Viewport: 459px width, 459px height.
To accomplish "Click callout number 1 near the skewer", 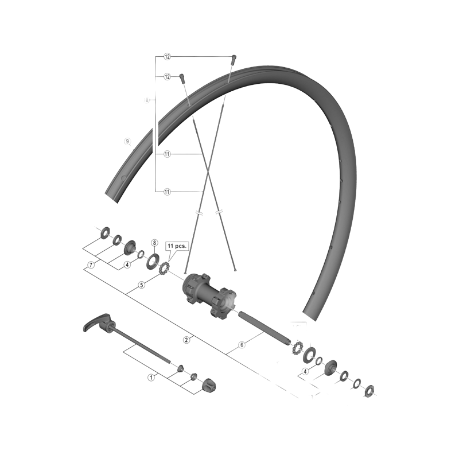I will (x=151, y=378).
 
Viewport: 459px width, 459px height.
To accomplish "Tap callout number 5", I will (x=142, y=284).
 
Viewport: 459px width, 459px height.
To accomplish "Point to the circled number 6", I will (x=242, y=345).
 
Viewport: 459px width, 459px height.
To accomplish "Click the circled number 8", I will (x=154, y=243).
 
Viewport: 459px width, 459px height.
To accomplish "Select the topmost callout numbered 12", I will (x=168, y=57).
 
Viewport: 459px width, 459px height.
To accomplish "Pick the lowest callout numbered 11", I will (x=168, y=191).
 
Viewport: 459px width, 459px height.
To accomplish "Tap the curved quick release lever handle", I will (x=95, y=328).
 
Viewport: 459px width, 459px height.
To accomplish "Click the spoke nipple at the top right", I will (x=234, y=57).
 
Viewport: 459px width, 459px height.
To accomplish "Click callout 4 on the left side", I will (x=127, y=264).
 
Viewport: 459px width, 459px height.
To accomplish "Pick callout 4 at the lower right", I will (x=305, y=371).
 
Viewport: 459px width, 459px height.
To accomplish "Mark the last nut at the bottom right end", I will (x=369, y=390).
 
